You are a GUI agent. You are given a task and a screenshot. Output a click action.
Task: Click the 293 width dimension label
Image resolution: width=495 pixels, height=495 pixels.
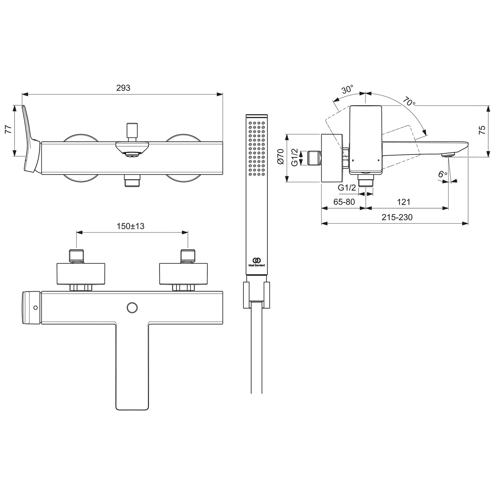123,88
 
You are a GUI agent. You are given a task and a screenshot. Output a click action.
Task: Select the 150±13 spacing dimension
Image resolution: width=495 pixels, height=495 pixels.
131,226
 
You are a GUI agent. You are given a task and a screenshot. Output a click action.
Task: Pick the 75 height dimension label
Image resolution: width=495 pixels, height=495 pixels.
482,130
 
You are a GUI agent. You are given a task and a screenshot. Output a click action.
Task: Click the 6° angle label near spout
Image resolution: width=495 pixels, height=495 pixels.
443,174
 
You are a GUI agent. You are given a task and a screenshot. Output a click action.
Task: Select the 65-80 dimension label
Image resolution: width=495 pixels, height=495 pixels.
344,202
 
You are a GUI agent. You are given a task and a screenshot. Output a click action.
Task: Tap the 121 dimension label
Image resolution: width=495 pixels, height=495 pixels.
403,202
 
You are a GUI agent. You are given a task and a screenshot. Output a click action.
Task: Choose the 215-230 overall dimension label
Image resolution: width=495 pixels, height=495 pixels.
397,217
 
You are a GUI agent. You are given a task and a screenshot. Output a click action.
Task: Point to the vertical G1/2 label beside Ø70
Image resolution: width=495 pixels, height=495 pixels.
295,157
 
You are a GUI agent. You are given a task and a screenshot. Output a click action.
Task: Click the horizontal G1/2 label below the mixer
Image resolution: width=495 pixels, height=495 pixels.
347,188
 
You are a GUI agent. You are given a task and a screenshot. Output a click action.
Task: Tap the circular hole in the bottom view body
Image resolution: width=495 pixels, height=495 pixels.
132,307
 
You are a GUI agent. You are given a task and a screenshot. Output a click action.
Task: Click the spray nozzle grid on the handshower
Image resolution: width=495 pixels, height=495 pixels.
257,148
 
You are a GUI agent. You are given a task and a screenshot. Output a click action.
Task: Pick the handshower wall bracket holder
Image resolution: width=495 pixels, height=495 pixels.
256,294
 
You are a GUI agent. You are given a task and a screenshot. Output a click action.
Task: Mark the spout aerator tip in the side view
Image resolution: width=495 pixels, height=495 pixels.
448,155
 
